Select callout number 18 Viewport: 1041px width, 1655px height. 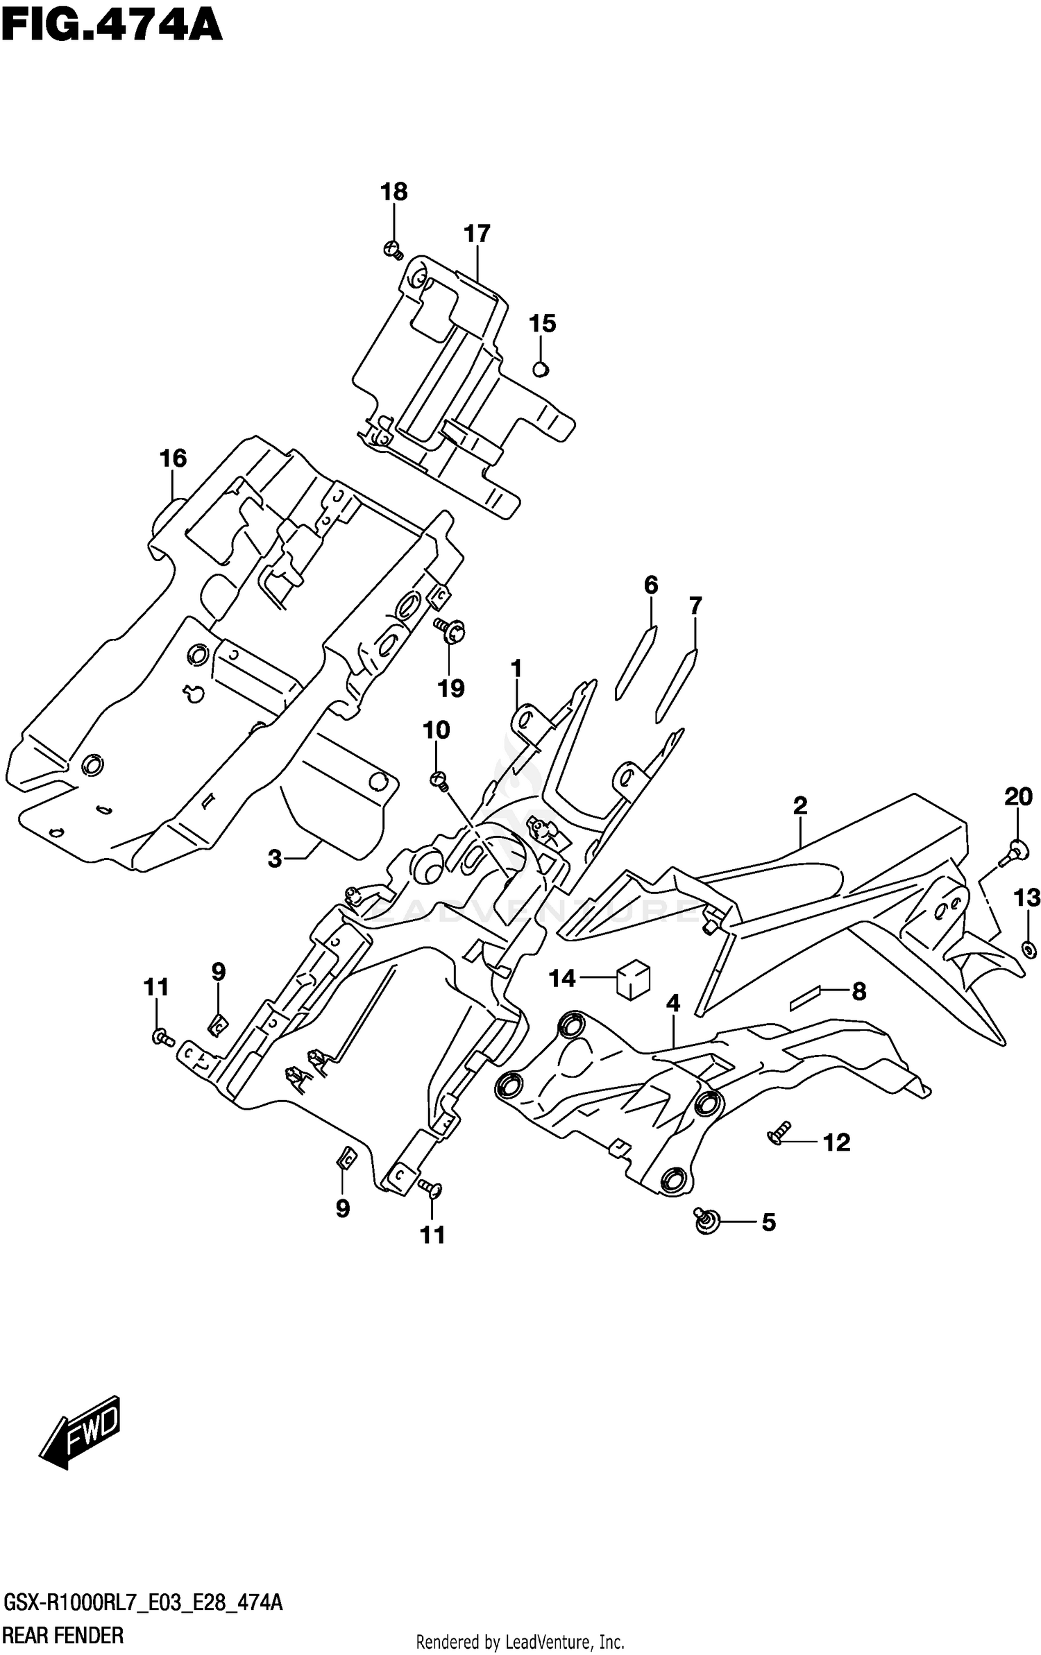(393, 191)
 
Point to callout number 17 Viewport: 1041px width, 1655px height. (477, 234)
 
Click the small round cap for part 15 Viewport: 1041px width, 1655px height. (541, 369)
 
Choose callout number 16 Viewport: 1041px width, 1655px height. (173, 458)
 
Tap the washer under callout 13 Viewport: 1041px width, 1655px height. (1029, 948)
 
